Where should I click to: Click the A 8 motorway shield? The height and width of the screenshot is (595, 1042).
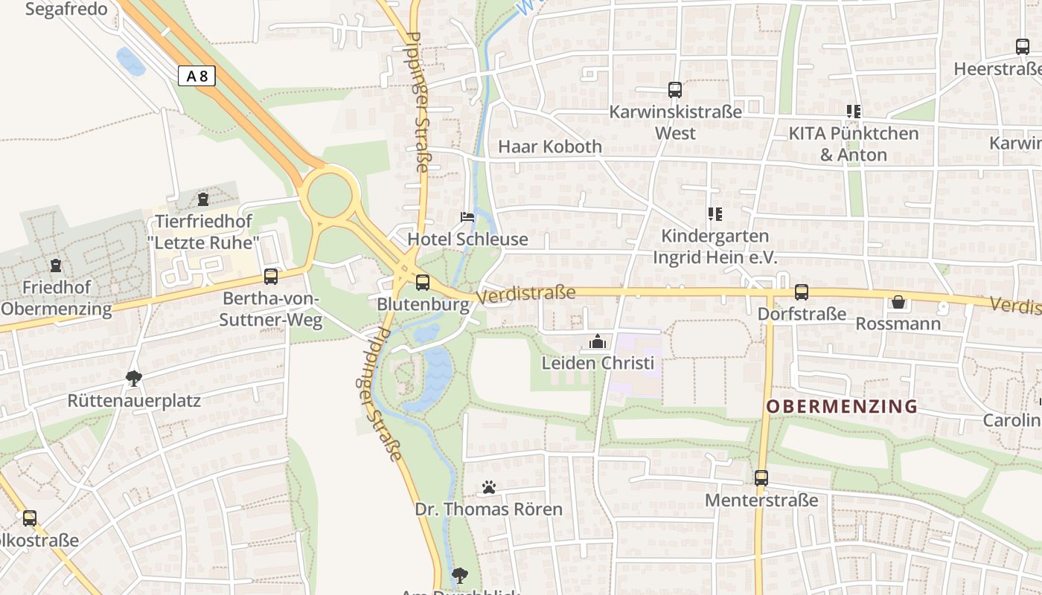click(x=196, y=75)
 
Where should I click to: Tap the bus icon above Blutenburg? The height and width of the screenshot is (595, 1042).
click(x=422, y=283)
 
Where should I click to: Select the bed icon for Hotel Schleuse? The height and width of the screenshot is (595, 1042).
click(x=467, y=217)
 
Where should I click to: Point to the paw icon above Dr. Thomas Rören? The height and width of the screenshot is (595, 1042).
click(x=489, y=487)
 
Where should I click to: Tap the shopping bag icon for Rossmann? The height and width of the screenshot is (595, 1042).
click(x=898, y=302)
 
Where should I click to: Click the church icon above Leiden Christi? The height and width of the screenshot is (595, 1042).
click(x=597, y=342)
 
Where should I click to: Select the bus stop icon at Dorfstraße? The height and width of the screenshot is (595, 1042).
click(x=801, y=292)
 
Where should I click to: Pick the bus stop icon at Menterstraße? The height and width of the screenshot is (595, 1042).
click(x=761, y=478)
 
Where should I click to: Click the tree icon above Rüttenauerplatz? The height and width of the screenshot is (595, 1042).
click(x=134, y=379)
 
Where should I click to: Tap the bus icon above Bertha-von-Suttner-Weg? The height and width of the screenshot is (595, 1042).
click(x=271, y=277)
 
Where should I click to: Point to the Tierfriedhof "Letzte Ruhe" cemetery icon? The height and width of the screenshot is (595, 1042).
click(x=203, y=199)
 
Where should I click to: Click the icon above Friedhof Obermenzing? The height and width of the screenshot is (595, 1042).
click(x=56, y=266)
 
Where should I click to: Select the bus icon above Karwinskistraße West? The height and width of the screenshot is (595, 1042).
click(x=675, y=90)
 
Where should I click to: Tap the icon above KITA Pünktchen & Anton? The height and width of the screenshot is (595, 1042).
click(x=853, y=112)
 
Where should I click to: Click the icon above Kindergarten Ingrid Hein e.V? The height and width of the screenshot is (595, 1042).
click(x=715, y=214)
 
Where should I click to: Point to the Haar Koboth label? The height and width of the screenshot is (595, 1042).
click(x=550, y=147)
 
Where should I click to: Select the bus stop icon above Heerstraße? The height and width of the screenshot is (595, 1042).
click(x=1023, y=47)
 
